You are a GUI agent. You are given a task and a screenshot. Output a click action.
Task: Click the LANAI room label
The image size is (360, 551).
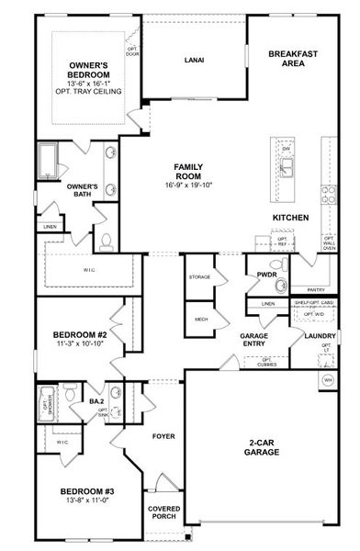[193, 61]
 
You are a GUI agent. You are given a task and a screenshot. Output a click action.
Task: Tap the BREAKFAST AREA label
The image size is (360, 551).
[293, 60]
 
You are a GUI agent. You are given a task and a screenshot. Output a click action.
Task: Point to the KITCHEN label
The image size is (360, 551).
[289, 218]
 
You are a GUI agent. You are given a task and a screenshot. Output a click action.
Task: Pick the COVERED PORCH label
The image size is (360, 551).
[163, 513]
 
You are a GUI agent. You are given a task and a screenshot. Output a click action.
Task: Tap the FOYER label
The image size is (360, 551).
[163, 435]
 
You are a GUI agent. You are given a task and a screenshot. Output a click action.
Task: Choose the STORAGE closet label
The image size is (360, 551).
[200, 276]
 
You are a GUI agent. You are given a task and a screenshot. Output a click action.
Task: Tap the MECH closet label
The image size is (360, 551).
[200, 320]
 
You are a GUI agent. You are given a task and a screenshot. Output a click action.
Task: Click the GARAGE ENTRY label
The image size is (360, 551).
[253, 341]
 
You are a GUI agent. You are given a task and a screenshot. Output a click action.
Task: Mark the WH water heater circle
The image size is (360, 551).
[326, 379]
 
